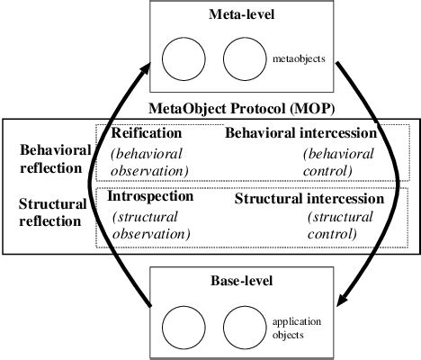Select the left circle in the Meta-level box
point(184,59)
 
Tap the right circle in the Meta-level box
point(243,59)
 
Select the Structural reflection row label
point(52,212)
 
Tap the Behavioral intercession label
point(300,133)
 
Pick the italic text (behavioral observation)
point(149,162)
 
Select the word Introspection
point(149,196)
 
